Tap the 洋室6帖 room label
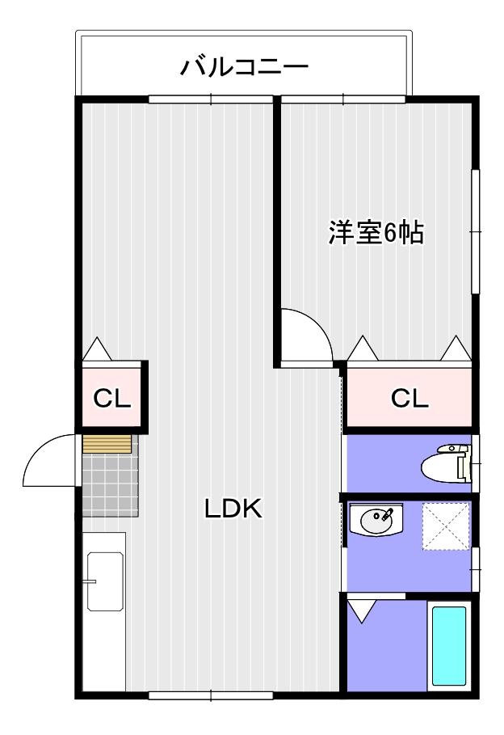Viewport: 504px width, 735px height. tap(376, 233)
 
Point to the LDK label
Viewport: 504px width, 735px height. tap(232, 509)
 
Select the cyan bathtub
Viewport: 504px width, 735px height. tap(448, 646)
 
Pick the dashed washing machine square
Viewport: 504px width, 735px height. tap(445, 526)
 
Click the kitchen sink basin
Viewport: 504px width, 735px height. tap(104, 582)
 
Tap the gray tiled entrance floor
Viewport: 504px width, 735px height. tap(110, 485)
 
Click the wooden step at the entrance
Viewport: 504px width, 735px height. tap(107, 444)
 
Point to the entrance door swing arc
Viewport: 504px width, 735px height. tap(48, 461)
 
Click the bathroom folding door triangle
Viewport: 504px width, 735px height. tap(362, 610)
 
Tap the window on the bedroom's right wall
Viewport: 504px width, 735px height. tap(476, 232)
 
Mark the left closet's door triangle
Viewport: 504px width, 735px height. tap(98, 349)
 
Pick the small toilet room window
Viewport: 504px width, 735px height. tap(477, 464)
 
